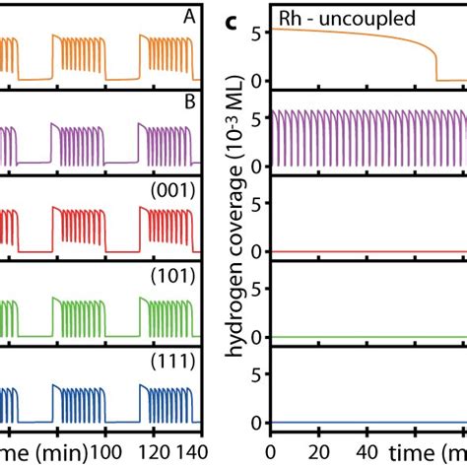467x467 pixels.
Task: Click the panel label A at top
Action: pos(189,17)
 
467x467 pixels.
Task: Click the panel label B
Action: pos(189,101)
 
